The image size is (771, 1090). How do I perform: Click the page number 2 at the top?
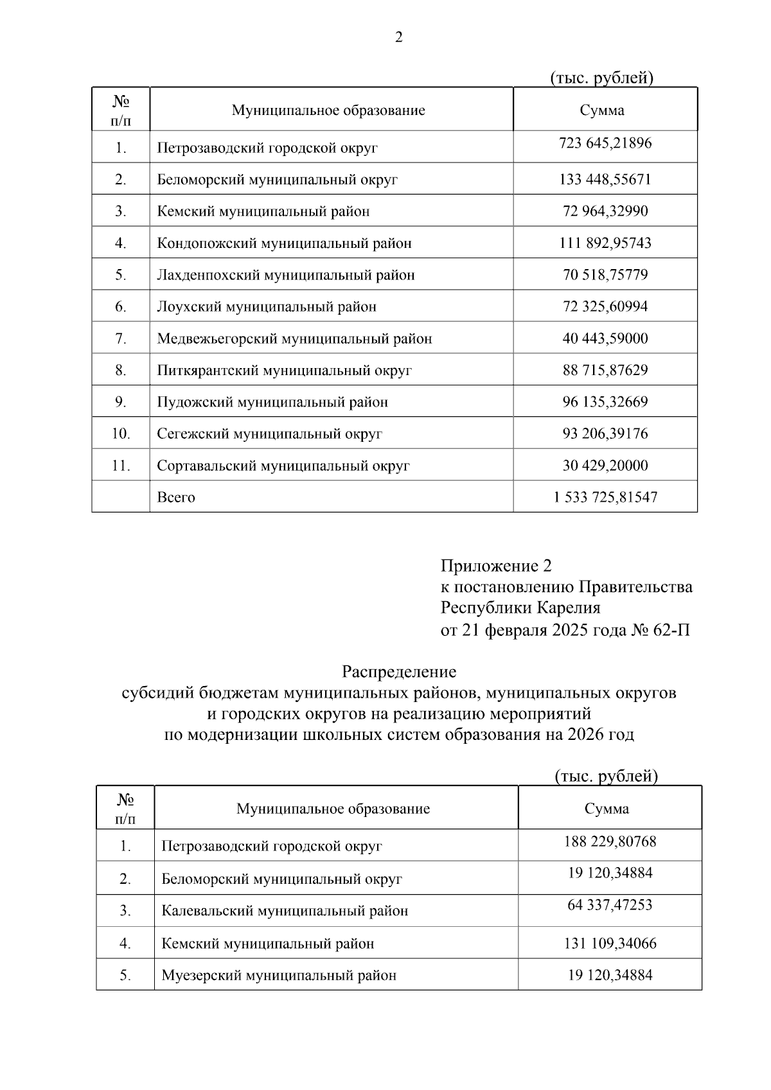pos(398,38)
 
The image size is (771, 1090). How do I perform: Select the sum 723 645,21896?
pos(605,143)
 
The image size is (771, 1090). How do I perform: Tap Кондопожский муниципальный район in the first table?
pos(284,243)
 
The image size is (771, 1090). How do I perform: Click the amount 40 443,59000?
pos(605,338)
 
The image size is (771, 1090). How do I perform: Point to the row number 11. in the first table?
pos(121,466)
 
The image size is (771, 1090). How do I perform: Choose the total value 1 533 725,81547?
pos(605,497)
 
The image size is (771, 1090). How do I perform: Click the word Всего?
pos(176,497)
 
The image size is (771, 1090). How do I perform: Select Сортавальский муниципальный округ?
pos(283,466)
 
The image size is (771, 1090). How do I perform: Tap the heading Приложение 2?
pos(495,566)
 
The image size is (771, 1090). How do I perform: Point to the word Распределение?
pos(399,672)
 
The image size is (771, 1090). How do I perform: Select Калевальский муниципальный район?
pos(285,911)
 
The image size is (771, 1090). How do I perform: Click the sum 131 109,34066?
pos(610,944)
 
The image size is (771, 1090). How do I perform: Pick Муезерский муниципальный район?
pos(279,976)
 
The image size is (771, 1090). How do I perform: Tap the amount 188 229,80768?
pos(610,841)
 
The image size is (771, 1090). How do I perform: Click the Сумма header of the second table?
pos(607,809)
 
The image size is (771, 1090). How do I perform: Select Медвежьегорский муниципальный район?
pos(294,338)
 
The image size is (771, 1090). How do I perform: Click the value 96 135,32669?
pos(605,402)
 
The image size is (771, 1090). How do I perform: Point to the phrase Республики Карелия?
pos(520,608)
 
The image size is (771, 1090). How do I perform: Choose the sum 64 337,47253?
pos(610,905)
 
